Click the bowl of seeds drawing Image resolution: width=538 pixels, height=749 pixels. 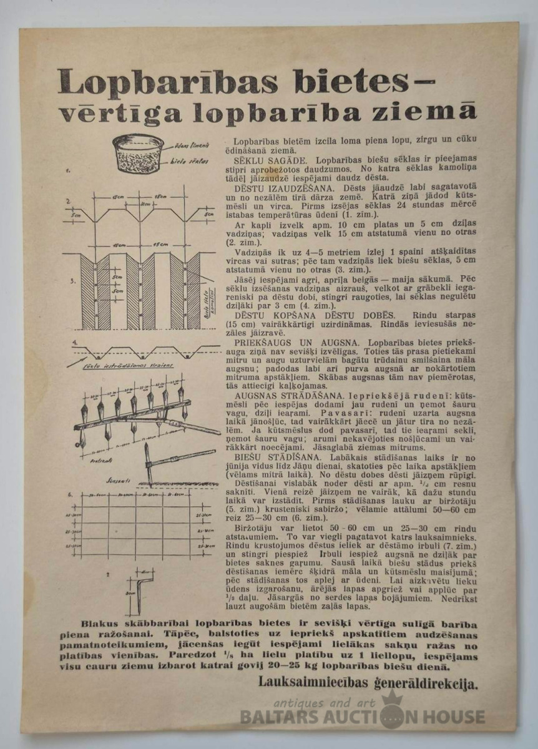pyautogui.click(x=138, y=153)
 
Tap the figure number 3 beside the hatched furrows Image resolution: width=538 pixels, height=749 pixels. pyautogui.click(x=73, y=280)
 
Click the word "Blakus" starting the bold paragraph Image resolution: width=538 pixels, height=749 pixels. pyautogui.click(x=100, y=624)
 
